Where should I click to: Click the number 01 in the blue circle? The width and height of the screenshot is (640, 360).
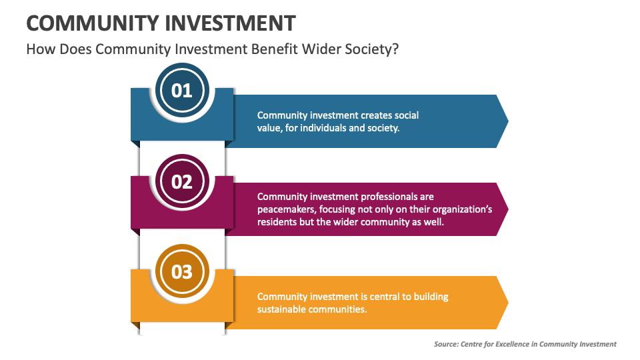182,91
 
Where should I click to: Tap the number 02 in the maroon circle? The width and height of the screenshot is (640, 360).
182,181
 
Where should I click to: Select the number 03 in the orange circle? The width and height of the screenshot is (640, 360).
182,272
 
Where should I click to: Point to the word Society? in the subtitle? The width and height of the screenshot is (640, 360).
371,49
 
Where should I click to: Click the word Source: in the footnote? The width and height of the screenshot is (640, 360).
447,344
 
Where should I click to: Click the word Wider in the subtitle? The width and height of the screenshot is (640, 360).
320,49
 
